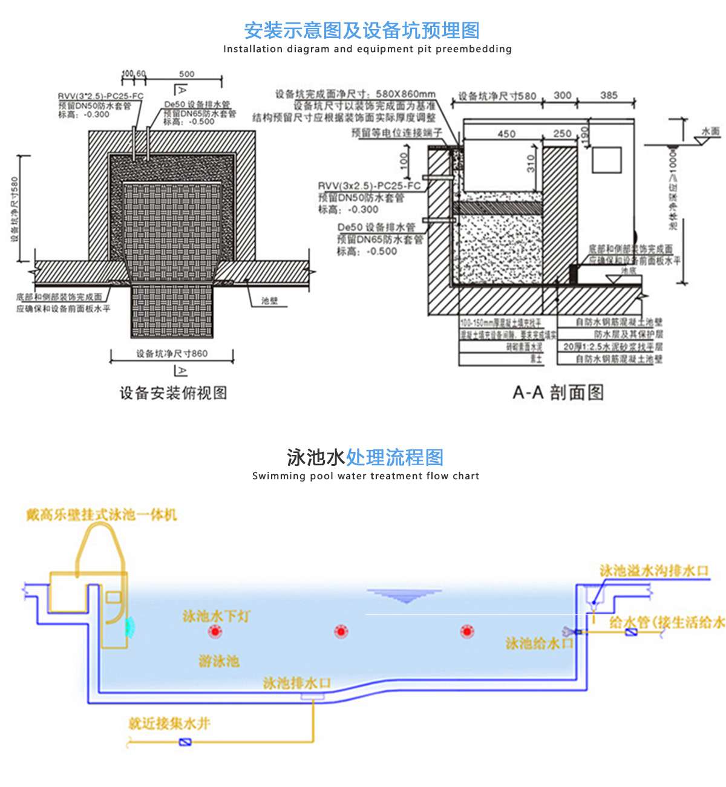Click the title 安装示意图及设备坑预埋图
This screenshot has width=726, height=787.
362,30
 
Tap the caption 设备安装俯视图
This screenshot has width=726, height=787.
173,393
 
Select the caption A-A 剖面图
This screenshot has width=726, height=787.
558,393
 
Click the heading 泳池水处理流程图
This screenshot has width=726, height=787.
365,457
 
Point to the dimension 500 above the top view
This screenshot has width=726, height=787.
187,74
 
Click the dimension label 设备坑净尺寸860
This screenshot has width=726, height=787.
172,354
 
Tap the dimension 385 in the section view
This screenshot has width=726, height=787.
609,95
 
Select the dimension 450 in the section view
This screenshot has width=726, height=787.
506,134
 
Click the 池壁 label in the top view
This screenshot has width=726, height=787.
270,301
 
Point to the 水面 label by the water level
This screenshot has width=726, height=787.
710,131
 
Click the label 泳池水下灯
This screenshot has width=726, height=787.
216,616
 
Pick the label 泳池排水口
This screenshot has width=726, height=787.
297,683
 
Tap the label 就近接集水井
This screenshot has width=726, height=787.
169,723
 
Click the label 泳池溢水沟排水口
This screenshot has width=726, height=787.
653,570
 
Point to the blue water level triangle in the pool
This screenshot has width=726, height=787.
407,596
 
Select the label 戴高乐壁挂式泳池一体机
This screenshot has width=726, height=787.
102,515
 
